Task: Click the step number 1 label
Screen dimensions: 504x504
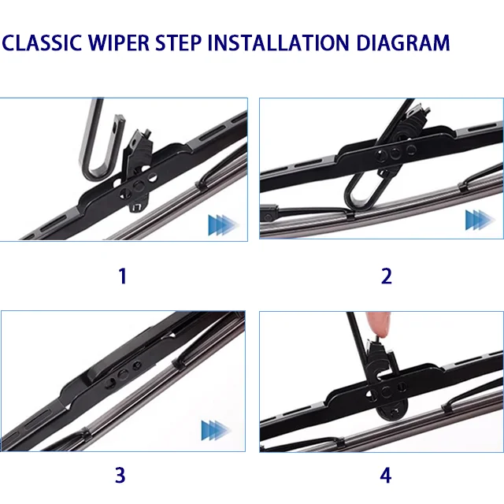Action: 122,276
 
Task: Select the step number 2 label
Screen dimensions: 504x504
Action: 386,276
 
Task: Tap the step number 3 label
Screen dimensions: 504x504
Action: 120,476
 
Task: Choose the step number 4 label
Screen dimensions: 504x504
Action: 386,476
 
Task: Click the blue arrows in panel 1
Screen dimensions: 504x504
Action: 222,225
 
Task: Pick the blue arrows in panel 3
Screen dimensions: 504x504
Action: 216,430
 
